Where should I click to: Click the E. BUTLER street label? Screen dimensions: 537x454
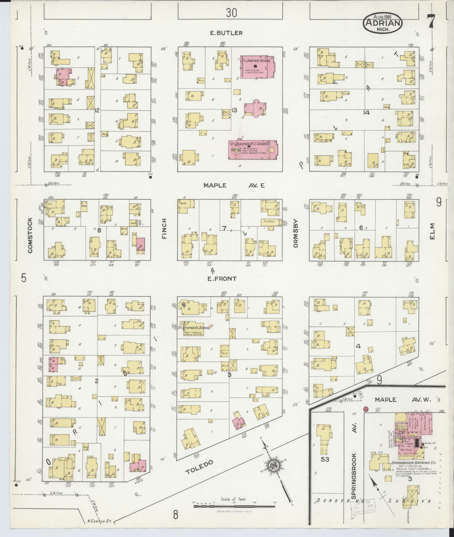tap(226, 33)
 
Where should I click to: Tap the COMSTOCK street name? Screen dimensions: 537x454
tap(30, 235)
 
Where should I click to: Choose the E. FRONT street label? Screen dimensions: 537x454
tap(222, 278)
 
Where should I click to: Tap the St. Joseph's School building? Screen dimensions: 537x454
tap(257, 67)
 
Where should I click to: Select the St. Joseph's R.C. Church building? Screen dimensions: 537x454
tap(253, 150)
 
